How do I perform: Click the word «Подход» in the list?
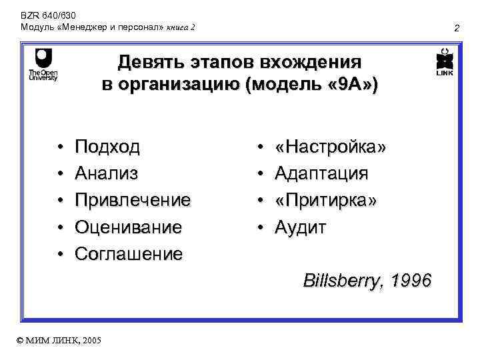[108, 147]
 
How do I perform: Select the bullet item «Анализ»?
[107, 173]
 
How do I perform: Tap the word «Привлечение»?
[133, 200]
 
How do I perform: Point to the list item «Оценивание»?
[128, 227]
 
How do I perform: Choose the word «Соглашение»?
[129, 254]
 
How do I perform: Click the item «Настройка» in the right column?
[331, 147]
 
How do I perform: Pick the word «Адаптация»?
[321, 173]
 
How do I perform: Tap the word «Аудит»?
[301, 227]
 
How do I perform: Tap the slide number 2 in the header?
[457, 28]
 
